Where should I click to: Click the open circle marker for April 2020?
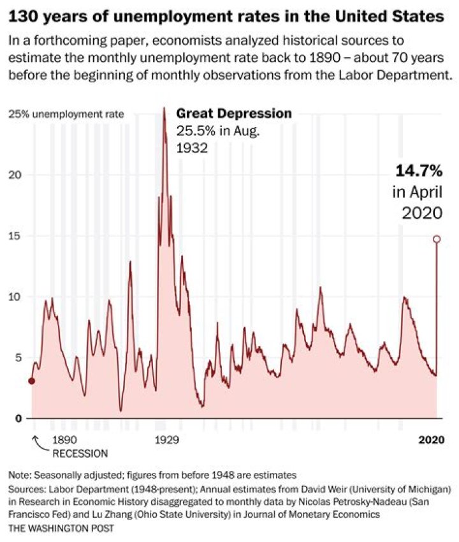click(x=437, y=239)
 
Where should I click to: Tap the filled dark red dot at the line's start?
click(x=32, y=381)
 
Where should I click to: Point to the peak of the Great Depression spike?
click(x=164, y=109)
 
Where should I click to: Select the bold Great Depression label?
click(x=234, y=114)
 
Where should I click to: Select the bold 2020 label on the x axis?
click(x=430, y=440)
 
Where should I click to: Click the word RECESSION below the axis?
click(x=80, y=454)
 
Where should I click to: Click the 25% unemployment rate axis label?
click(x=66, y=115)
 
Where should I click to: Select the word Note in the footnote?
click(x=19, y=475)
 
